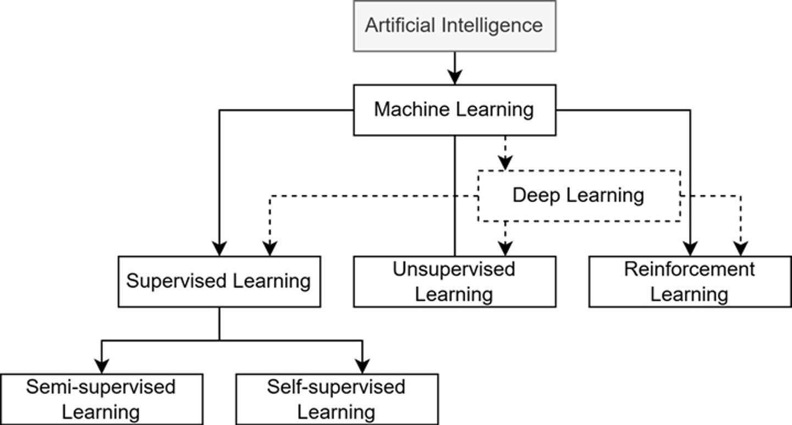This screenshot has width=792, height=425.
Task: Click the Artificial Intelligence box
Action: tap(454, 26)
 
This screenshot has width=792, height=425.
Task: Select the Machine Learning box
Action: tap(454, 109)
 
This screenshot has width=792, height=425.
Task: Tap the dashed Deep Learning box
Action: tap(579, 196)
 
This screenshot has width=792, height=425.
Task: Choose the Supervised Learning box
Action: tap(219, 282)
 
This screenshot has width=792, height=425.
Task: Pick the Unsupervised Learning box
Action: tap(454, 282)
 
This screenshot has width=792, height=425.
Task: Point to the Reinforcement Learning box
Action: tap(690, 282)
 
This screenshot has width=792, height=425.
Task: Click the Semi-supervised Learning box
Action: tap(101, 399)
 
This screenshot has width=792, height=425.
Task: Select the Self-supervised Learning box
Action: tap(337, 399)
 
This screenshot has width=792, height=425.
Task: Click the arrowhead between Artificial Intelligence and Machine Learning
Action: tap(454, 78)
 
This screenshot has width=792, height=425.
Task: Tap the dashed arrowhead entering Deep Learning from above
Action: tap(505, 163)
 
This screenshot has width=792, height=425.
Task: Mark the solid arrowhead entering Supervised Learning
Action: tap(219, 249)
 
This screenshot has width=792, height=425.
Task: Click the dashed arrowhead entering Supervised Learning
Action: tap(269, 249)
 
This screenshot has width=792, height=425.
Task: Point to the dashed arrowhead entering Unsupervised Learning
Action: tap(505, 249)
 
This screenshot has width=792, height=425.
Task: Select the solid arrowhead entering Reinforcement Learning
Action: tap(690, 249)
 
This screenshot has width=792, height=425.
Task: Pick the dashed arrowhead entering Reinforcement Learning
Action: tap(740, 249)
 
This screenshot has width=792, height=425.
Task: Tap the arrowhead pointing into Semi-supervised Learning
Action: tap(101, 367)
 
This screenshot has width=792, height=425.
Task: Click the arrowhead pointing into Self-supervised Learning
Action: tap(362, 367)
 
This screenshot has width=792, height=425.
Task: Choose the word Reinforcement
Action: tap(690, 269)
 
